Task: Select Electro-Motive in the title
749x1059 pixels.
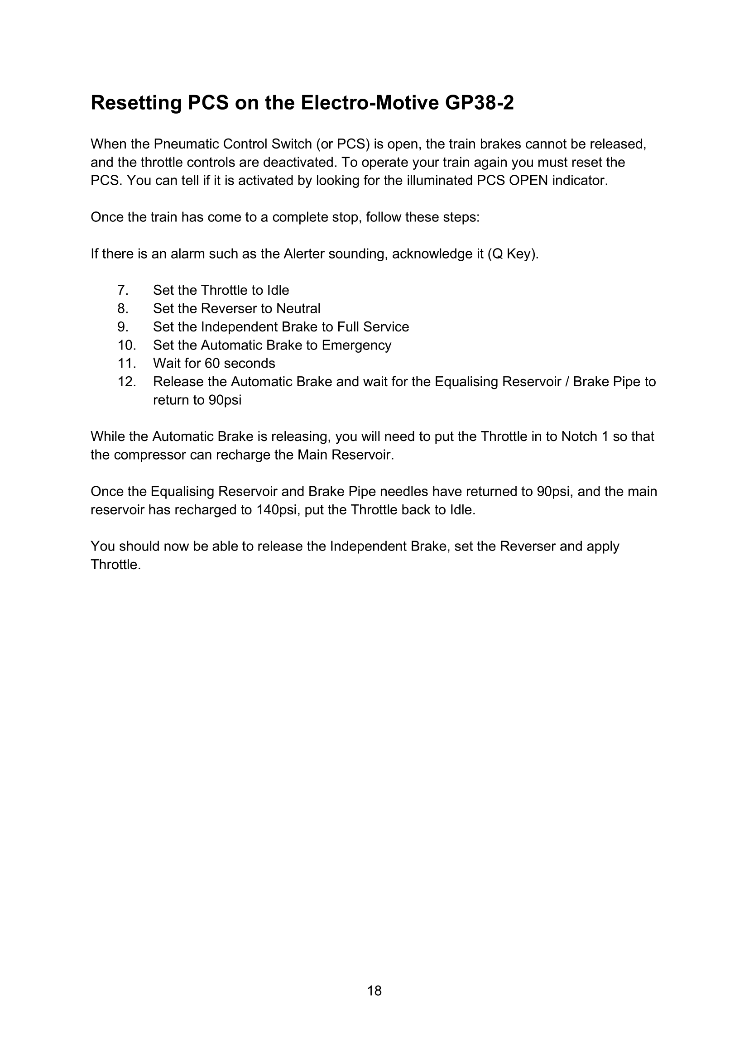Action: coord(370,102)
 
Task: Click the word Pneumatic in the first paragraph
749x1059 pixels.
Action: coord(186,144)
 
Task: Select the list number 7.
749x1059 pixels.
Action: coord(122,290)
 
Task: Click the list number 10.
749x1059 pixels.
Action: coord(126,345)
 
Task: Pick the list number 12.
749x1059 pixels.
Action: coord(126,382)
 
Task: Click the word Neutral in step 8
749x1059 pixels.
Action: coord(298,309)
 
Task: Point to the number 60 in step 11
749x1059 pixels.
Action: coord(213,364)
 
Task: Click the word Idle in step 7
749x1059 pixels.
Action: coord(278,290)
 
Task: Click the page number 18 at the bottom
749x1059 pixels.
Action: coord(374,991)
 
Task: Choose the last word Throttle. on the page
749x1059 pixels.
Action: coord(116,565)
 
